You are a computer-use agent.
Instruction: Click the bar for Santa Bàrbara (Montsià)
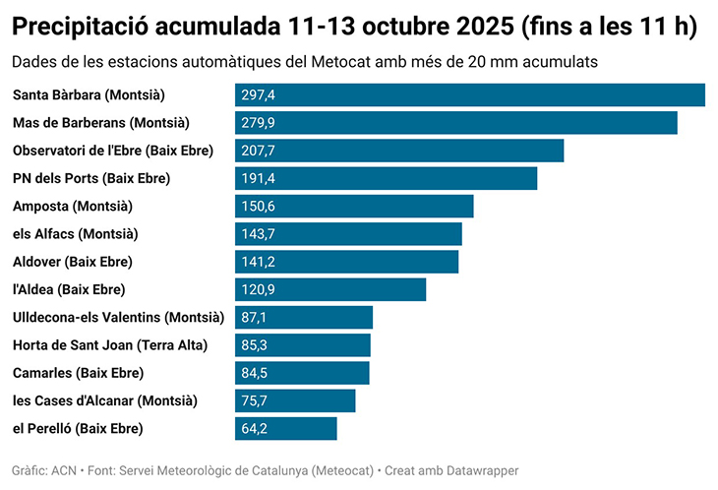click(x=470, y=94)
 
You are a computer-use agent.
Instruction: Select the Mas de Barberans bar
click(x=456, y=123)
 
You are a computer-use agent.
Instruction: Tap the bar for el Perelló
click(x=286, y=429)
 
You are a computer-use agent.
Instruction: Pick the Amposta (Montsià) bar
click(x=354, y=206)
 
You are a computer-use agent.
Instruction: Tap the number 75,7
click(x=254, y=400)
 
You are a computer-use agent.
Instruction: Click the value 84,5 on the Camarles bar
click(x=254, y=373)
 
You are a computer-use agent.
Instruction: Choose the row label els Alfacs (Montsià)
click(x=75, y=234)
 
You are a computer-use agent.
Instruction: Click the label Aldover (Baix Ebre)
click(x=72, y=262)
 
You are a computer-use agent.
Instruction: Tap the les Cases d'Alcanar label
click(x=104, y=400)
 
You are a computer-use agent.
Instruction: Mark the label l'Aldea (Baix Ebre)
click(x=69, y=289)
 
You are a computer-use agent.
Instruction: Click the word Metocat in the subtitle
click(x=340, y=62)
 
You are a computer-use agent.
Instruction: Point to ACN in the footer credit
click(x=64, y=470)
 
